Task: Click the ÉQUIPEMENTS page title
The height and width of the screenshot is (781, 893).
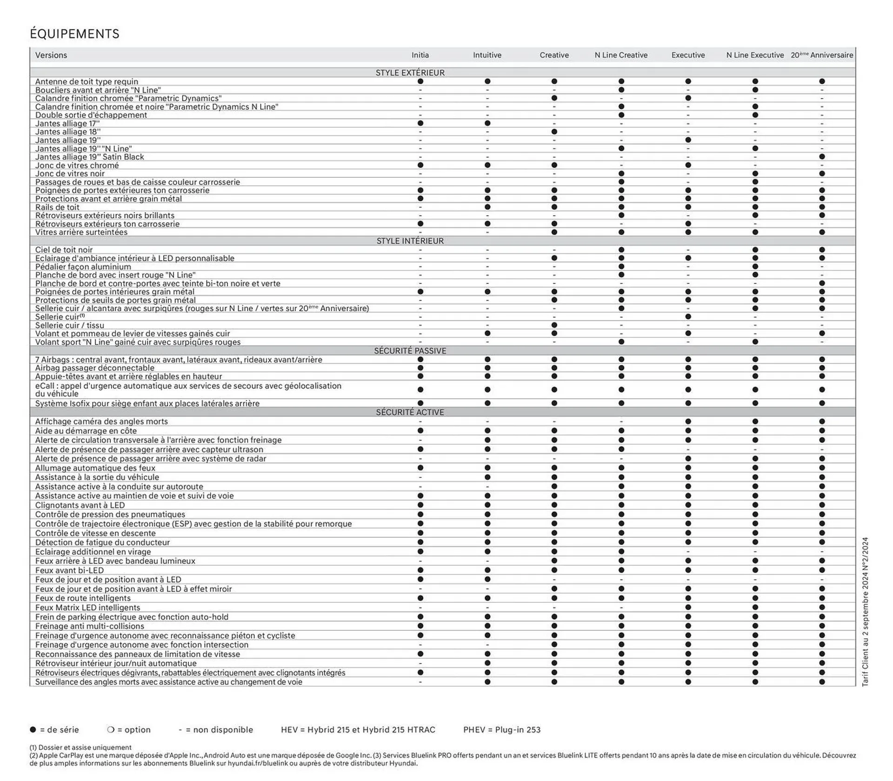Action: click(x=74, y=34)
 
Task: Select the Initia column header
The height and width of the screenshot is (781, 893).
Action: click(x=420, y=55)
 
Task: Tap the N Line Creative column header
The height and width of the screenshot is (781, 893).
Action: click(x=621, y=55)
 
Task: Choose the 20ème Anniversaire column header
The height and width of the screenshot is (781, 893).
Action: click(x=822, y=55)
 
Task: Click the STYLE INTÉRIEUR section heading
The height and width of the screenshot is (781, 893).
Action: click(x=410, y=241)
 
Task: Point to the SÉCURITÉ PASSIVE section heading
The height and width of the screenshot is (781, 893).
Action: click(x=410, y=351)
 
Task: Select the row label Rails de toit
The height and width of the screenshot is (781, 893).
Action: click(x=57, y=207)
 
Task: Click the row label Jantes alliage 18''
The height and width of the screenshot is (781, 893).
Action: click(x=68, y=132)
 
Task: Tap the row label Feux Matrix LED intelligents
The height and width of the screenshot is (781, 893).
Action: click(x=87, y=607)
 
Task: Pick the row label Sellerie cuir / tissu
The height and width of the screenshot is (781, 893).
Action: click(x=70, y=326)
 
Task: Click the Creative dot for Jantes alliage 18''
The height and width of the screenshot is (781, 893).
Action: click(x=554, y=132)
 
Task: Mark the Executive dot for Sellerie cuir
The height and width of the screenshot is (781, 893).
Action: click(x=688, y=317)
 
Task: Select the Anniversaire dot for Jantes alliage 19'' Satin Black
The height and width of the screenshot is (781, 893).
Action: click(x=822, y=157)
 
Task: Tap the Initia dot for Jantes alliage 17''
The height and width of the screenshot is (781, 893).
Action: click(x=420, y=124)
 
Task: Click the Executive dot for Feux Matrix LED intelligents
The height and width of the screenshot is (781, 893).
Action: click(x=688, y=607)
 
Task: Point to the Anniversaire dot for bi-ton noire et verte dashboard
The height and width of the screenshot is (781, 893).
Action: click(x=822, y=283)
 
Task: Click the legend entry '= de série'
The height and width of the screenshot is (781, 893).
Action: click(x=54, y=730)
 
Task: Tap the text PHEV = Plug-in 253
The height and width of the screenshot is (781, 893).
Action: click(x=502, y=730)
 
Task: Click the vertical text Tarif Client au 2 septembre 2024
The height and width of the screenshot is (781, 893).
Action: click(x=865, y=612)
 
